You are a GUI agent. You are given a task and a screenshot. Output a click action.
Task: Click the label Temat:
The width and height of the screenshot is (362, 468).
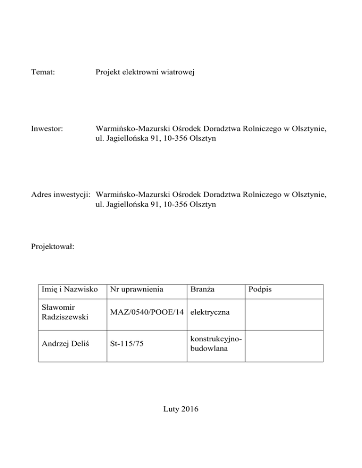pyautogui.click(x=43, y=73)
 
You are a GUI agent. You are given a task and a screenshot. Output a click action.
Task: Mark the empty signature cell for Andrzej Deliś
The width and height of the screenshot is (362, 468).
pyautogui.click(x=284, y=345)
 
